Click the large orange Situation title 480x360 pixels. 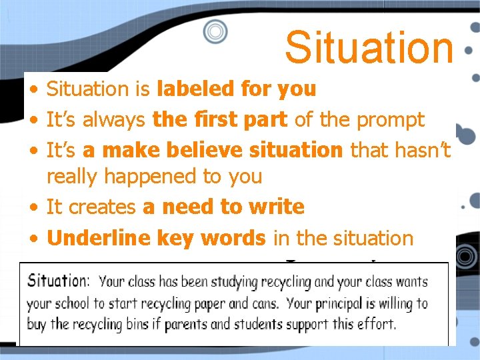tap(369, 47)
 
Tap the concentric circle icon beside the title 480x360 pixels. tap(215, 31)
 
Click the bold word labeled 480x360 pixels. tap(190, 89)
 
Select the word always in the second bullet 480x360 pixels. tap(115, 120)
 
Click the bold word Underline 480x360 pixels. tap(99, 237)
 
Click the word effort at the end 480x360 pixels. tap(378, 325)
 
